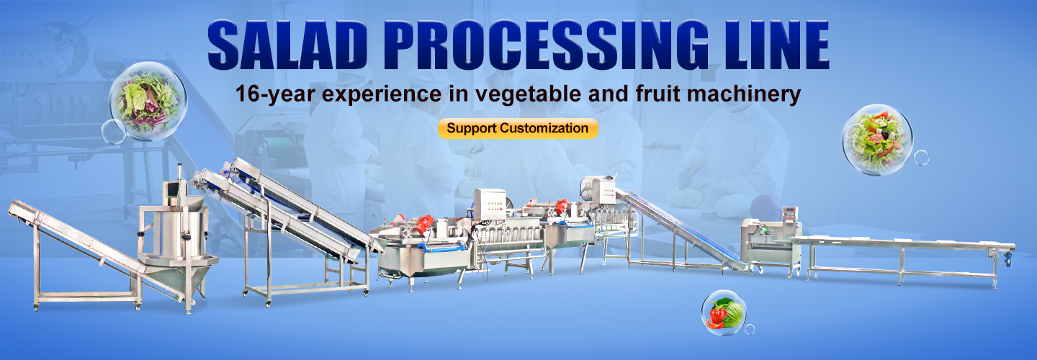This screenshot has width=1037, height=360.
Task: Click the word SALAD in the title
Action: click(x=287, y=45)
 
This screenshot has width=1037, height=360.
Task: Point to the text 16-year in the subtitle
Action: click(x=275, y=94)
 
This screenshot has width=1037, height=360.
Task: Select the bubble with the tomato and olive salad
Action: click(x=877, y=140)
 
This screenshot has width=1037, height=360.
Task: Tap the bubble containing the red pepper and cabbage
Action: click(x=724, y=312)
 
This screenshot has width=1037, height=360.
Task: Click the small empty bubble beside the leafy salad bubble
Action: click(x=113, y=132)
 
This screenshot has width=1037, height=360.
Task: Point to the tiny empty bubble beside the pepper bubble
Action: click(x=750, y=330)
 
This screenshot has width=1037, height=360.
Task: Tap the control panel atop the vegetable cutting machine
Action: click(x=790, y=217)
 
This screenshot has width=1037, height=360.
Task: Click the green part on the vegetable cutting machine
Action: click(x=761, y=228)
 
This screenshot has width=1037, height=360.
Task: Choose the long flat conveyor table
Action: click(x=903, y=259)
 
